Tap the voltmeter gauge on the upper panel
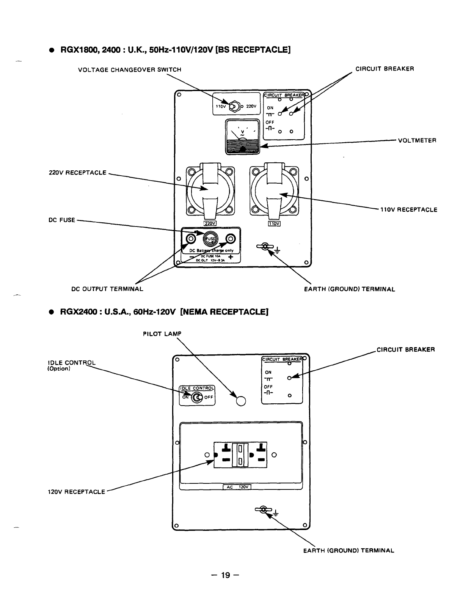[x=243, y=136]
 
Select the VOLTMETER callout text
[x=417, y=140]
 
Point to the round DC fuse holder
[x=211, y=239]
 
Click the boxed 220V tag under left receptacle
[x=210, y=223]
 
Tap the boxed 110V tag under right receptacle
[x=274, y=223]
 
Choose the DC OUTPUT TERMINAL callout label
[x=107, y=289]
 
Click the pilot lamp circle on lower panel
[x=241, y=400]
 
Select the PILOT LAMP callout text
[x=162, y=334]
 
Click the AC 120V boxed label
[x=237, y=488]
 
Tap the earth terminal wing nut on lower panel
[x=262, y=511]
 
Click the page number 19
[x=225, y=575]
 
